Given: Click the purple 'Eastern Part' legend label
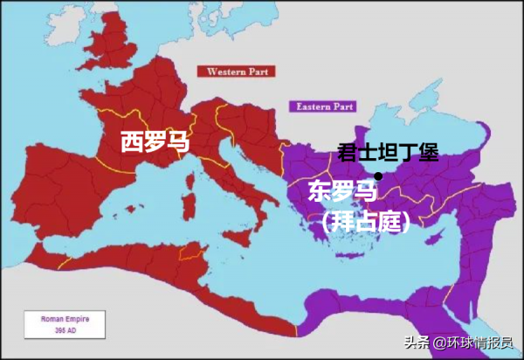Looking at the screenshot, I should (324, 107).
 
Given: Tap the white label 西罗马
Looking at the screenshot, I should (155, 141).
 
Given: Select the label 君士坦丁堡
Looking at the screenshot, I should (386, 154).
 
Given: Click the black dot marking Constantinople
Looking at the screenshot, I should (377, 177).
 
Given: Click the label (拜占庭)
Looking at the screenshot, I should (367, 222).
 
